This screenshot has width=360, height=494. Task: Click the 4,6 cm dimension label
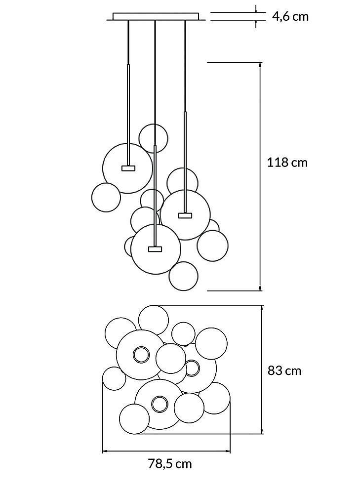coord(290,16)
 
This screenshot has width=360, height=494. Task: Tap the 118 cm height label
coord(287,162)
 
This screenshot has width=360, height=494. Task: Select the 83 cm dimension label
coord(284,370)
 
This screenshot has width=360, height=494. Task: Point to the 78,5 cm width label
coord(170,464)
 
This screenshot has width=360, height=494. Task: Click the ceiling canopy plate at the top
coord(156,16)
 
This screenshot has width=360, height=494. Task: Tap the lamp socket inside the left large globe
coord(128,168)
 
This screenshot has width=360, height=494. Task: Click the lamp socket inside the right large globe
coord(185,215)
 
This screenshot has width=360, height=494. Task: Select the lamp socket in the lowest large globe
coord(155,249)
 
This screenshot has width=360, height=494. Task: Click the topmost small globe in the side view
coord(153,138)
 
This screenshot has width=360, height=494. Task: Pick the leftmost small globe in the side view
coord(106,197)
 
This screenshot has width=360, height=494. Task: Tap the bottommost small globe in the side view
coord(183,276)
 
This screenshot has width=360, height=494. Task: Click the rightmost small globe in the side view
coord(212,245)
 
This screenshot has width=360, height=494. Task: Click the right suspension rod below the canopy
coord(185,64)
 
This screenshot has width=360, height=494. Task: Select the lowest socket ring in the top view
coord(159,404)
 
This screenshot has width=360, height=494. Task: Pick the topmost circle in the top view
coord(153,319)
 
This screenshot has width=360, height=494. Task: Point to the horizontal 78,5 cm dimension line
coord(166,451)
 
